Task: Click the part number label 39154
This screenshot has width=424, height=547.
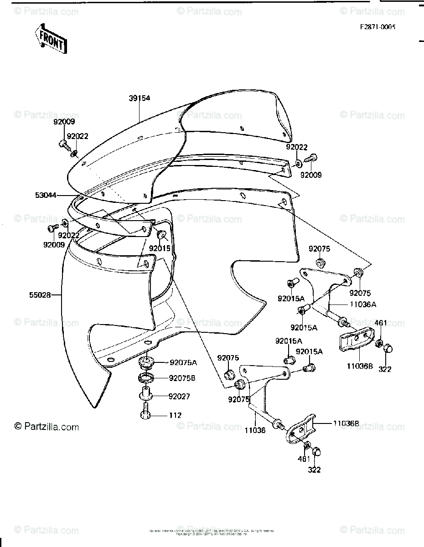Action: coord(140,98)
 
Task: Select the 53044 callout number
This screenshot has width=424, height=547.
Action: coord(46,195)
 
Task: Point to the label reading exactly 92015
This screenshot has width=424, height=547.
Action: coord(159,249)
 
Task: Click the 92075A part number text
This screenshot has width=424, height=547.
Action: coord(183,363)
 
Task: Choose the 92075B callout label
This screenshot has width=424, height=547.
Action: coord(183,378)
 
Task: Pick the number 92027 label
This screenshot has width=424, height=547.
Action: coord(179,397)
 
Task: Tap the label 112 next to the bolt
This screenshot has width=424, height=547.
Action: coord(175,416)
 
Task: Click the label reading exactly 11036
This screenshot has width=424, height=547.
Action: coord(254,430)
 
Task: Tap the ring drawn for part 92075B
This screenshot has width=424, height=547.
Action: coord(145,377)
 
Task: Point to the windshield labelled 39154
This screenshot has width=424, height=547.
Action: coord(182,137)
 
